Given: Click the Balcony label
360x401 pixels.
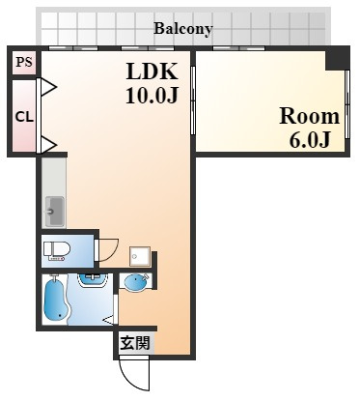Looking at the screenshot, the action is pyautogui.click(x=183, y=29).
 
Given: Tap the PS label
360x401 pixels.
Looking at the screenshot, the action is pyautogui.click(x=24, y=62).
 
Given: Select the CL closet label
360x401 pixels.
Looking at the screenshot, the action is pyautogui.click(x=24, y=117).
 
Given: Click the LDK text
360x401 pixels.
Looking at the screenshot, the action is pyautogui.click(x=152, y=72).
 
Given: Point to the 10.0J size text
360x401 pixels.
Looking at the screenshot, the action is pyautogui.click(x=152, y=95).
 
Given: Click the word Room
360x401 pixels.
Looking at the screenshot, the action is pyautogui.click(x=310, y=116).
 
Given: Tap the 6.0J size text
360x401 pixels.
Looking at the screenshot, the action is pyautogui.click(x=310, y=139).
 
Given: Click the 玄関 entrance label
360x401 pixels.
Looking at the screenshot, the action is pyautogui.click(x=135, y=343).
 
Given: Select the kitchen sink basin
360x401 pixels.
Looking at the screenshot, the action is pyautogui.click(x=54, y=211).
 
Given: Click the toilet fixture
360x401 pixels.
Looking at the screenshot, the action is pyautogui.click(x=57, y=251).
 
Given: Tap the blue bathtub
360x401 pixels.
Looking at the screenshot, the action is pyautogui.click(x=56, y=301).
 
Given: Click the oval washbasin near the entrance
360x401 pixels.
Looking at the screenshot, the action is pyautogui.click(x=135, y=283).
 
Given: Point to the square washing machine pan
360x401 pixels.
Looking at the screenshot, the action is pyautogui.click(x=140, y=256).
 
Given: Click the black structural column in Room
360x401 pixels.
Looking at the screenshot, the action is pyautogui.click(x=337, y=57).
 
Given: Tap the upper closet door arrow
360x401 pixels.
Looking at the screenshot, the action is pyautogui.click(x=48, y=87).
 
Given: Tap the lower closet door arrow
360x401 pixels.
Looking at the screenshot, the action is pyautogui.click(x=48, y=145).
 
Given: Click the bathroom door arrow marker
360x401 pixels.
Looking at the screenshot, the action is pyautogui.click(x=108, y=320).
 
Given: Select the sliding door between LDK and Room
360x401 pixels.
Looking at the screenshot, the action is pyautogui.click(x=193, y=100).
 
